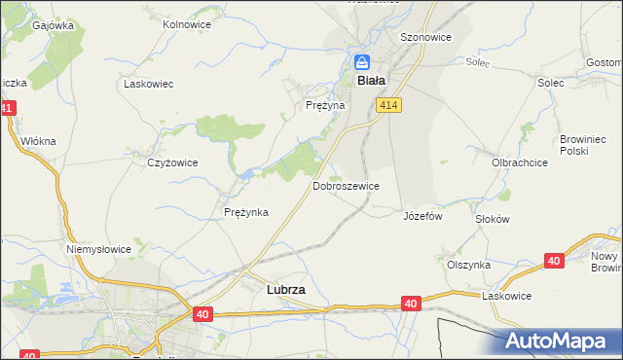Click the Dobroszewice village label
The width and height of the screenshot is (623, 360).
point(346,185)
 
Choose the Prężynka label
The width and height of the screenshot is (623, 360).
point(246,212)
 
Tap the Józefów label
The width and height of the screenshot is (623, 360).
point(422,216)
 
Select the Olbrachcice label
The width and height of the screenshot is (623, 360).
point(519,162)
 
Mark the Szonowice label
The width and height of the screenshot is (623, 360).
point(425,36)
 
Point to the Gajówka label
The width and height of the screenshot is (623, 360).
point(54,26)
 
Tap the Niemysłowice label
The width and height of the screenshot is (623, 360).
point(98,249)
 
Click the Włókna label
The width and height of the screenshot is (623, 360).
point(39,141)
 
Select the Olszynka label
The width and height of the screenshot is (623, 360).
point(468,265)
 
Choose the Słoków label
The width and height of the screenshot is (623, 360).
point(492,219)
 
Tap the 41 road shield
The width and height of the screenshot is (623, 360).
point(7,110)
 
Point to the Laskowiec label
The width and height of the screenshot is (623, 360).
point(148,84)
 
